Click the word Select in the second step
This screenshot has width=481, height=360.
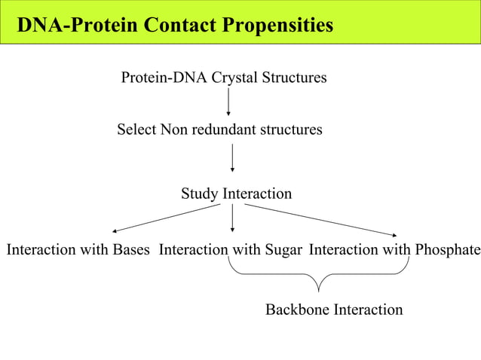pos(136,130)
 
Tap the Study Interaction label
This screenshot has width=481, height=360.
pos(236,194)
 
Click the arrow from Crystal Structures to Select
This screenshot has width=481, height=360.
pos(228,102)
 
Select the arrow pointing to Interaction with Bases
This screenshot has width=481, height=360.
pos(166,218)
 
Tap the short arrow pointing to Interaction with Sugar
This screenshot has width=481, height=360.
pos(232,218)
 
